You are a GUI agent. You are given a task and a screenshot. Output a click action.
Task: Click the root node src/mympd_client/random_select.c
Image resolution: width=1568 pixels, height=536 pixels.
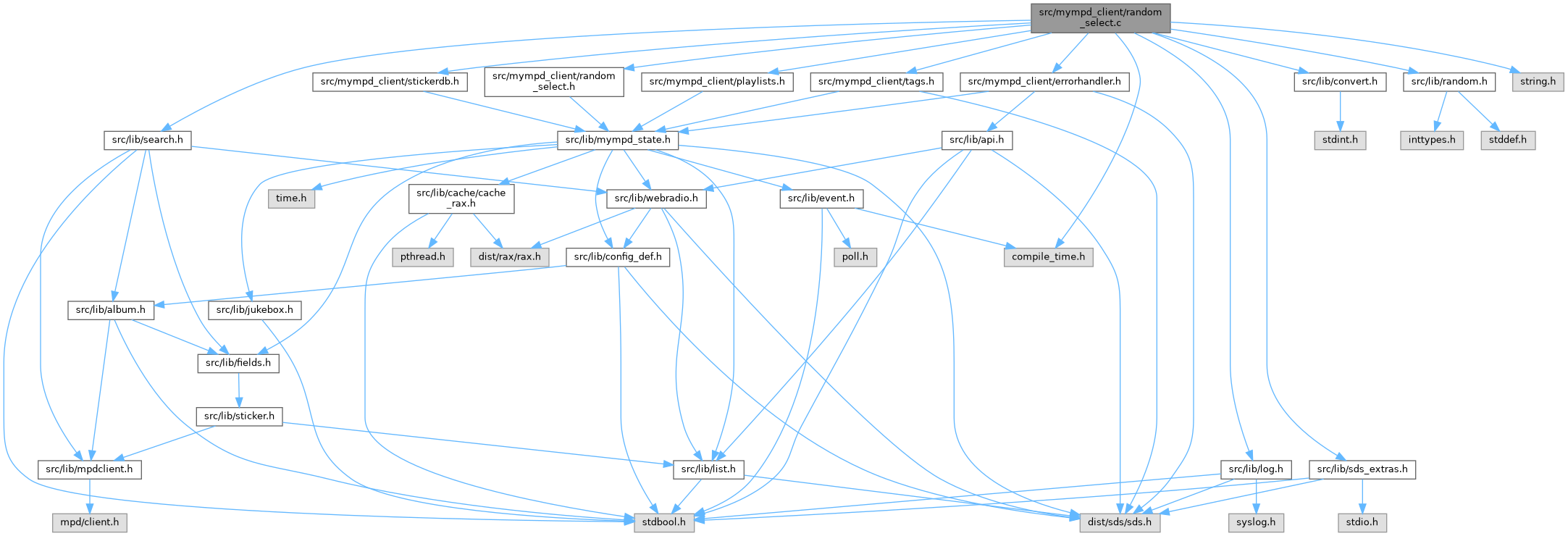pos(1099,17)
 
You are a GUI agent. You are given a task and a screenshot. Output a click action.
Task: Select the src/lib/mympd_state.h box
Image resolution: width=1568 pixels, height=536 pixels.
pos(617,139)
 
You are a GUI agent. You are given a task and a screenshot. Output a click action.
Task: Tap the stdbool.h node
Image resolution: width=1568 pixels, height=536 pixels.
pos(664,522)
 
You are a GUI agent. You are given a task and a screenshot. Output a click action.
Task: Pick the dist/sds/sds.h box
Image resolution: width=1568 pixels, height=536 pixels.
pos(1120,522)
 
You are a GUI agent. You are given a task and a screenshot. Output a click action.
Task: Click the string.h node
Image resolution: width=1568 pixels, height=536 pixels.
pos(1538,81)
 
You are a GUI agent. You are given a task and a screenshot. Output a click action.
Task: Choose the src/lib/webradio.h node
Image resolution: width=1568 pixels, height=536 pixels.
pos(656,198)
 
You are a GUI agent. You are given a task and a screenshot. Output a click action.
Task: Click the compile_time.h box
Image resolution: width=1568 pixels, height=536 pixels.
pos(1048,256)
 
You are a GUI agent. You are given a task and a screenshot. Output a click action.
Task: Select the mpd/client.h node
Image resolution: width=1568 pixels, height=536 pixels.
pos(89,522)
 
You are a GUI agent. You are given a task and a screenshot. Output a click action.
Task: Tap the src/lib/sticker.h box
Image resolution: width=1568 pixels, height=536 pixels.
pos(239,416)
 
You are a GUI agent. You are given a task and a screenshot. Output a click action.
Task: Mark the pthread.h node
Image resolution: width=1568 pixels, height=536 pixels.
pos(423,256)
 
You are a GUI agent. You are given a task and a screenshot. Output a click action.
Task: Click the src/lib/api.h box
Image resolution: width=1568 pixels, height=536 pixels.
pos(976,139)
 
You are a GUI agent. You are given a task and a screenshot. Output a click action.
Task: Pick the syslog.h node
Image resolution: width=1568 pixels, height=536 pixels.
pos(1255,522)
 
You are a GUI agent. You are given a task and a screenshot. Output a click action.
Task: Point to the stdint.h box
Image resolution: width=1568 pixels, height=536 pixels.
pos(1340,139)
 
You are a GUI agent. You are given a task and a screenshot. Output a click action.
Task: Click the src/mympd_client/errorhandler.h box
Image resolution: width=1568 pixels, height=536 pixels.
pos(1044,81)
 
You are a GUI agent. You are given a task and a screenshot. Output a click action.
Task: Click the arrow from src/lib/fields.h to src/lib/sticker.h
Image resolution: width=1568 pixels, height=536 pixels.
pos(238,390)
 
